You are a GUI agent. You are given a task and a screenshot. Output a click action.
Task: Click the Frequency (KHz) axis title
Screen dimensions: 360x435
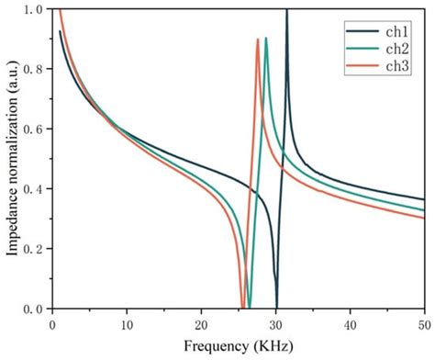238,347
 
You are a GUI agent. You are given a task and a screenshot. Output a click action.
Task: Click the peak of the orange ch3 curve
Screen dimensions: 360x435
258,39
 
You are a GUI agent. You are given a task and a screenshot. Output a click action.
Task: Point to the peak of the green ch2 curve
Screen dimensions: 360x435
266,39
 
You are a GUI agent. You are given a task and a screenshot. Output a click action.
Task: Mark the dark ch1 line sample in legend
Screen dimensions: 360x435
359,30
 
